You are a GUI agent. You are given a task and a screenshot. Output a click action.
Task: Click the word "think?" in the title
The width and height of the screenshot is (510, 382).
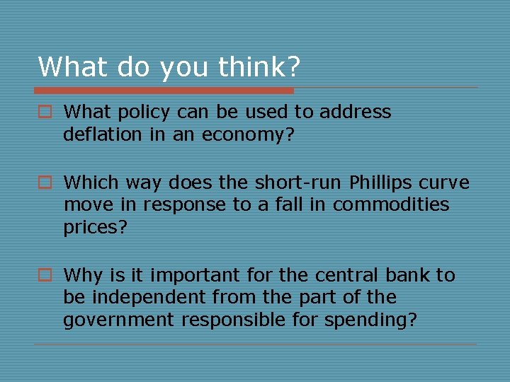tap(259, 67)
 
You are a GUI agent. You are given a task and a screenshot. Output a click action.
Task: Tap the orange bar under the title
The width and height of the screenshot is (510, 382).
tap(164, 91)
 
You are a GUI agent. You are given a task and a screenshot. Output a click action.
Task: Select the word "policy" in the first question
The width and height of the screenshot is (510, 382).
tap(141, 112)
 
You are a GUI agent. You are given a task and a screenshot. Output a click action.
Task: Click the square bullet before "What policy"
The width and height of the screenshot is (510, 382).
tap(44, 112)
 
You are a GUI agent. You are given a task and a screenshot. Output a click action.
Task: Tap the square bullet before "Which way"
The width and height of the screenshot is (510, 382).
tap(44, 183)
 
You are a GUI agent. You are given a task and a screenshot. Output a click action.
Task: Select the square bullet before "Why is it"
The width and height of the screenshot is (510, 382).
tap(44, 276)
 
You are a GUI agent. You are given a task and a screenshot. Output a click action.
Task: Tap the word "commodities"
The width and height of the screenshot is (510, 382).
tap(391, 204)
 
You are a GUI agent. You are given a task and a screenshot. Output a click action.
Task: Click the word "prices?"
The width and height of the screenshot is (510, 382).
tap(94, 227)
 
